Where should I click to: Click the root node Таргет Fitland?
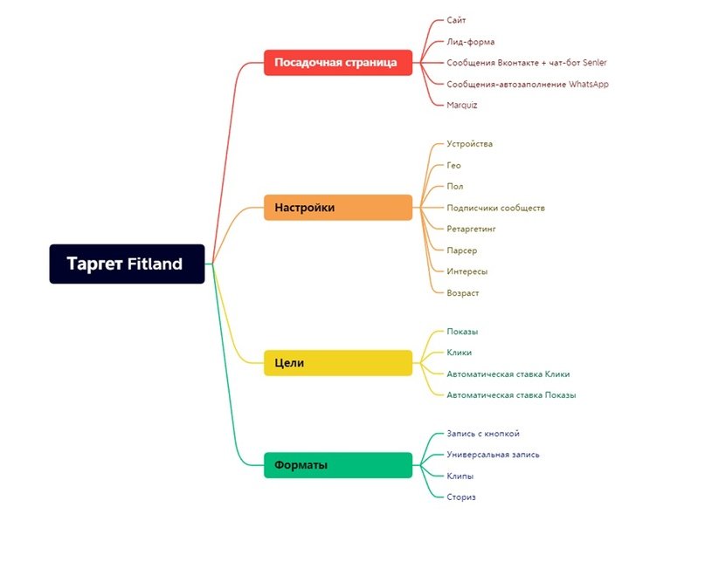127,264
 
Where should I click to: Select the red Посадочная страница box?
337,63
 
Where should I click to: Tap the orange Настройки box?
337,208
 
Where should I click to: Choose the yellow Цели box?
337,363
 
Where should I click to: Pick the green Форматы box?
337,465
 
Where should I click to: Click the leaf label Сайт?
456,20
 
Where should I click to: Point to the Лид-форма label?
471,42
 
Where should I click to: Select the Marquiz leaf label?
462,106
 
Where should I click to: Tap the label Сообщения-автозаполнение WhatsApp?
527,85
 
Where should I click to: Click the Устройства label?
470,144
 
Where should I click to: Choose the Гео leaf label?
453,166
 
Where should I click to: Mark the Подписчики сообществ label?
495,208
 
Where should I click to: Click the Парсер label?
462,250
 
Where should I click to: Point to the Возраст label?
463,293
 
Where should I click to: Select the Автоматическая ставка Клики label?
508,374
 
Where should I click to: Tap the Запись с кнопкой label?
483,434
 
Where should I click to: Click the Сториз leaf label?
461,497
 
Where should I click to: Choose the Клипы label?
460,476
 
